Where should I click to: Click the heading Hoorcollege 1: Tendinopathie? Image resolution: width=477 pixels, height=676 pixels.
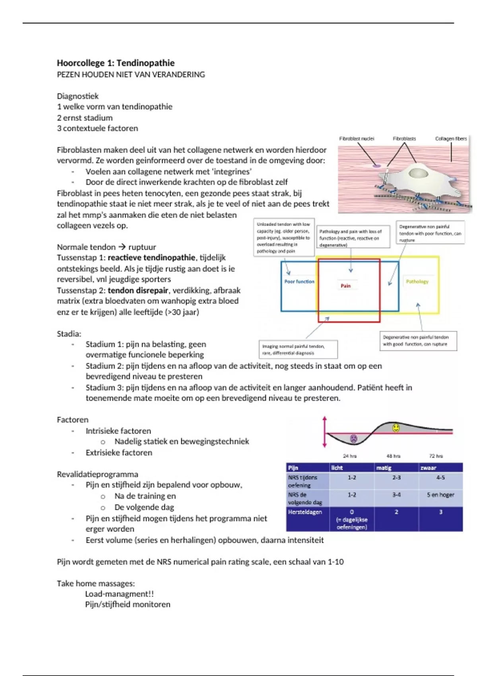coord(116,63)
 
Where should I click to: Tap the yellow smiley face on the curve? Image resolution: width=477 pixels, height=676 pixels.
coord(396,428)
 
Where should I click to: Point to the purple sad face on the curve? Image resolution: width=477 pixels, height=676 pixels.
coord(353,439)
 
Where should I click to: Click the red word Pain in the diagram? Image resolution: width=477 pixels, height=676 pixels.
coord(345,286)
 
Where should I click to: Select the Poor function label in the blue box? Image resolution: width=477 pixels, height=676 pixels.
coord(299,282)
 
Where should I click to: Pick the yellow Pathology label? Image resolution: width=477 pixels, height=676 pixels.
coord(417,282)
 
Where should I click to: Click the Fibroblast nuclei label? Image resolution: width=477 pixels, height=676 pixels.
coord(357,139)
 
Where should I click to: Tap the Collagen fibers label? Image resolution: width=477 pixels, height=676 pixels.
coord(451,139)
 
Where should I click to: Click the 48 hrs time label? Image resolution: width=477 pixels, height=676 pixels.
coord(394,456)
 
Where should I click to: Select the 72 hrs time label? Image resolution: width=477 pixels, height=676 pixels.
coord(436,456)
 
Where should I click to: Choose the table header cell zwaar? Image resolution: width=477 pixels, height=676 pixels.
coord(429,468)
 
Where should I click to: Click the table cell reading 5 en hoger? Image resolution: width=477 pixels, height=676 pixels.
coord(440,495)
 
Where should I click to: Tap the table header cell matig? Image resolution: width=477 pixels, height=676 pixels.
coord(384,468)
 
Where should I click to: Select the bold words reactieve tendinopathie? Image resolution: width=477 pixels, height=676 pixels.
coord(151,258)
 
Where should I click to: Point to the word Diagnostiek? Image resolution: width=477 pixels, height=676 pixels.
coord(78,96)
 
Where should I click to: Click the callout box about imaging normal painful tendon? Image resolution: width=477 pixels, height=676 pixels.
coord(298,350)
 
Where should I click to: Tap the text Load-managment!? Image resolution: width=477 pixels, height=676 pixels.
coord(119,594)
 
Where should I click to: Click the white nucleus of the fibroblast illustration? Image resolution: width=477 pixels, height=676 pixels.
coord(417,173)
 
